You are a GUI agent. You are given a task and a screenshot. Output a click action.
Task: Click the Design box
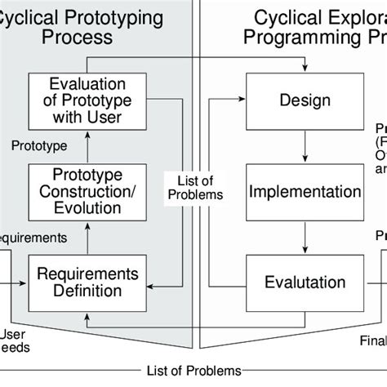click(x=305, y=101)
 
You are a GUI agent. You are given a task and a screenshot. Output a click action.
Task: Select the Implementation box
click(x=305, y=193)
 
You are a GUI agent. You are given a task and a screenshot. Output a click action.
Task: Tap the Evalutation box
click(x=305, y=282)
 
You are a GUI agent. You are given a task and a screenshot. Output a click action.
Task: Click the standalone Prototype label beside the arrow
click(x=38, y=146)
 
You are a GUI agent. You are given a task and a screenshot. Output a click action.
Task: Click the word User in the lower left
click(x=13, y=333)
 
